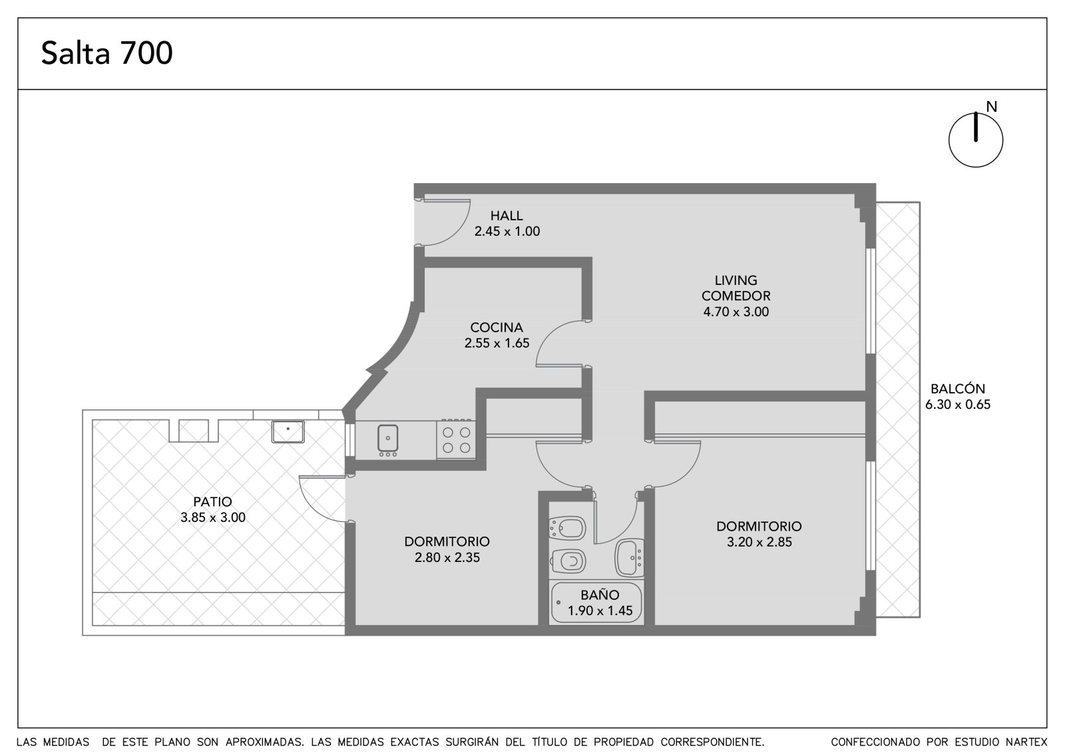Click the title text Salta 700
pyautogui.click(x=106, y=53)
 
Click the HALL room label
pyautogui.click(x=507, y=216)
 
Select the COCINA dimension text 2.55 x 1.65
pyautogui.click(x=497, y=343)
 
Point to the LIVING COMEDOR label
pyautogui.click(x=736, y=288)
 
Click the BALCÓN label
pyautogui.click(x=958, y=389)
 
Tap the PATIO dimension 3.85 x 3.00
pyautogui.click(x=213, y=517)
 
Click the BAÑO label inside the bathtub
pyautogui.click(x=600, y=595)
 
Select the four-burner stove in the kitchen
pyautogui.click(x=456, y=439)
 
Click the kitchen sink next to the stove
pyautogui.click(x=388, y=438)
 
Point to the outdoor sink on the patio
pyautogui.click(x=288, y=431)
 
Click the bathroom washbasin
pyautogui.click(x=629, y=558)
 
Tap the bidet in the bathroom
pyautogui.click(x=566, y=529)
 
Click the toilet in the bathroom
pyautogui.click(x=568, y=562)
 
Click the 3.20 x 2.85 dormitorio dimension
pyautogui.click(x=759, y=542)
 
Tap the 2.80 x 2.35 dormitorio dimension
pyautogui.click(x=447, y=557)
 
